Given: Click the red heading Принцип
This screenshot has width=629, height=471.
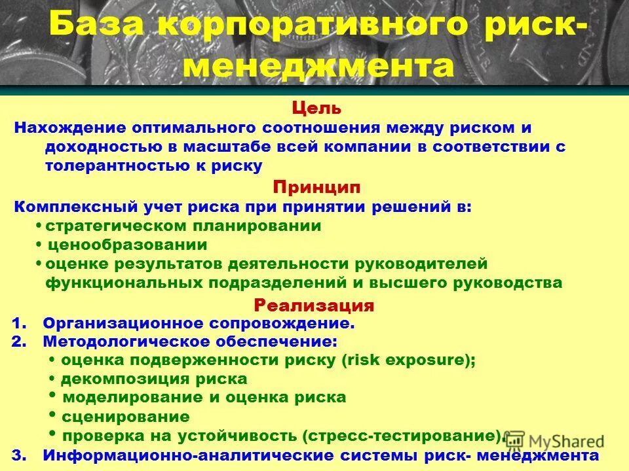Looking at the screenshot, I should [x=316, y=187].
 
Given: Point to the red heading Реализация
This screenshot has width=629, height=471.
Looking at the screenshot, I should [x=314, y=305].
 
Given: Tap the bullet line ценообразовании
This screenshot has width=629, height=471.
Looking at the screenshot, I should [x=126, y=245].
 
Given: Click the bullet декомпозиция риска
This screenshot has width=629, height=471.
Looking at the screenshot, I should [x=154, y=379].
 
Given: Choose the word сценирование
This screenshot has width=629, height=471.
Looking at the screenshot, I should [x=125, y=417].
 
